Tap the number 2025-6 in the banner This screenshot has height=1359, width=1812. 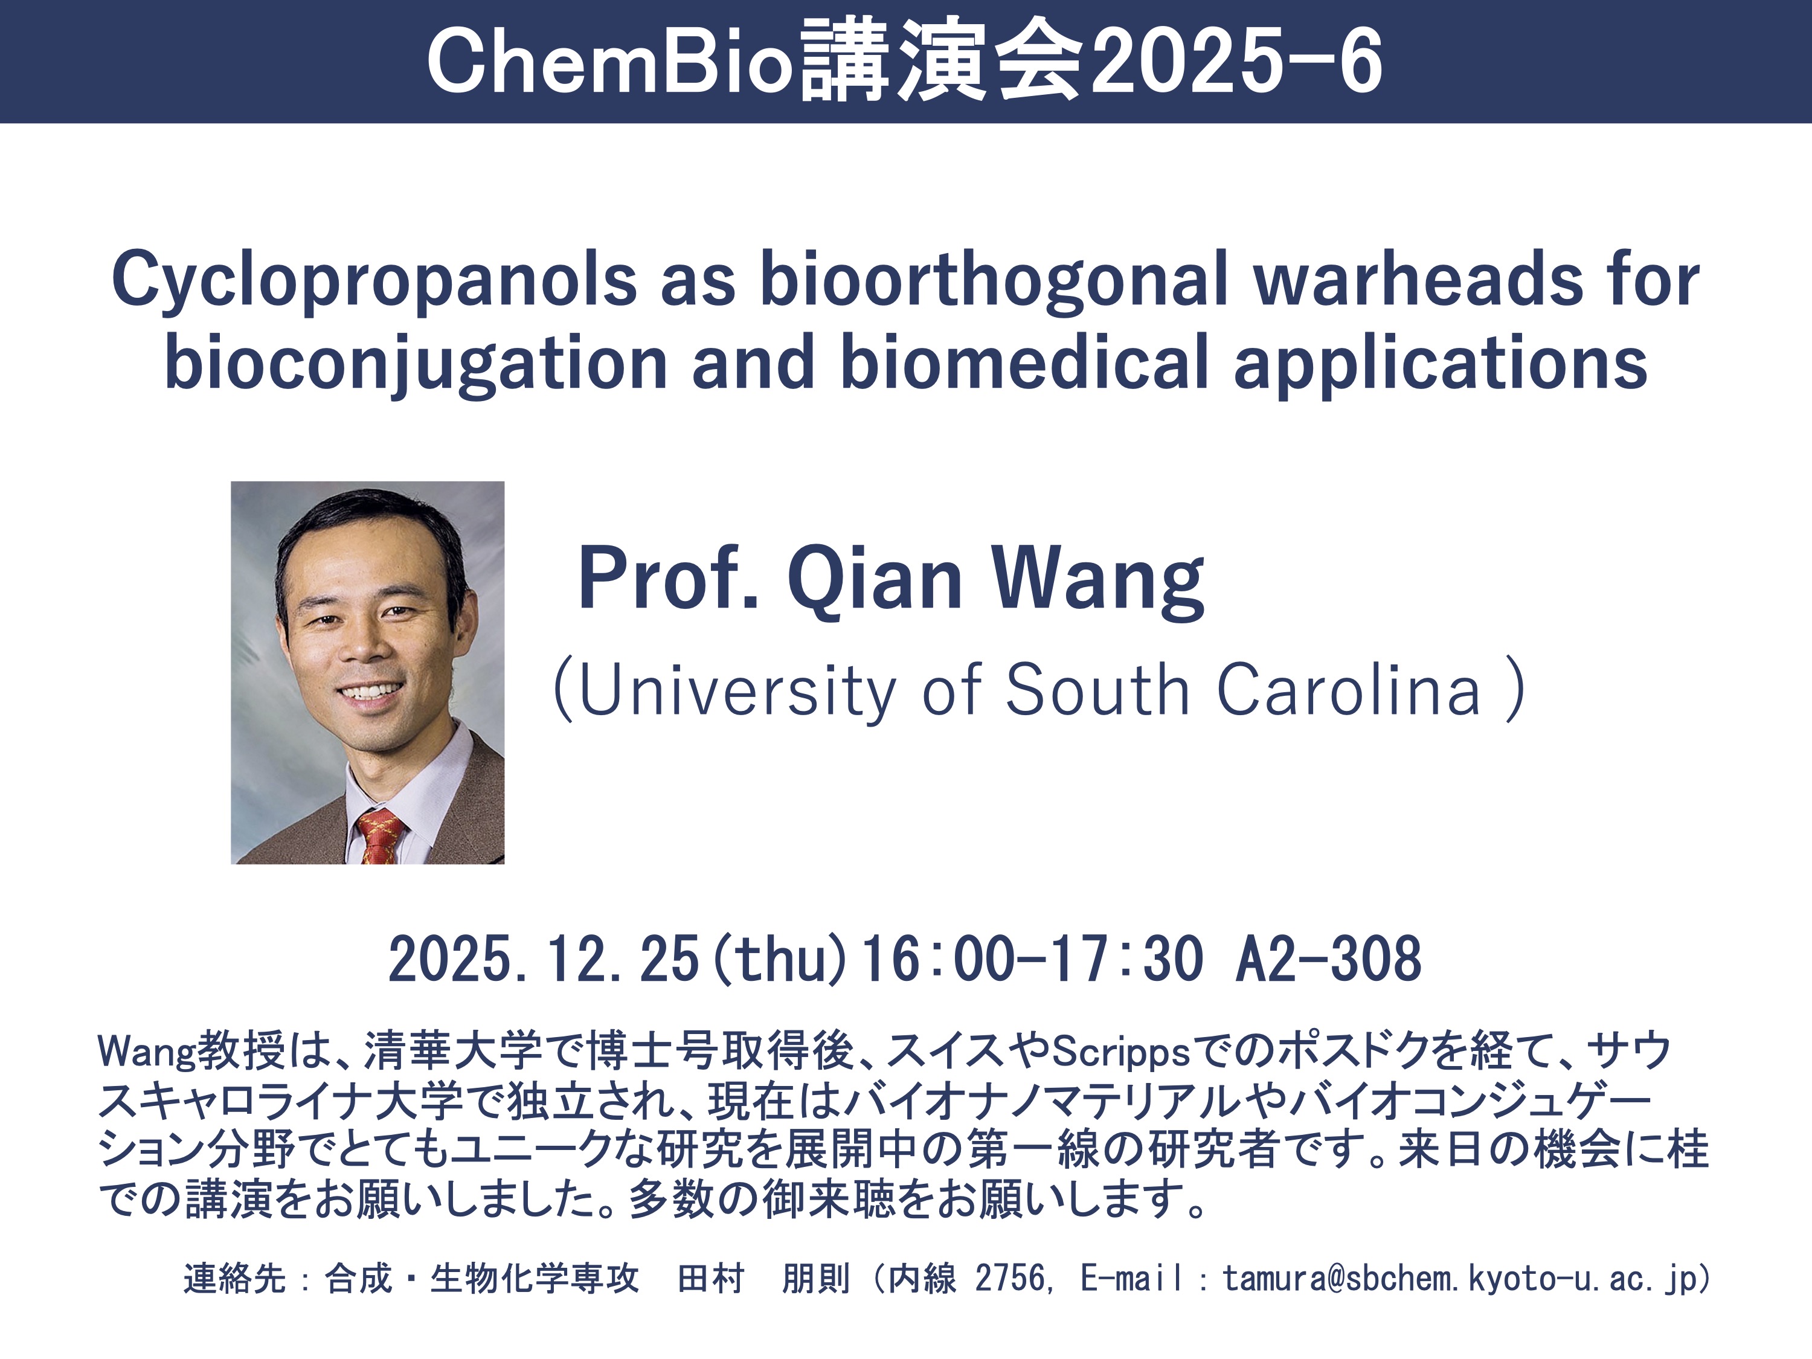pos(1238,62)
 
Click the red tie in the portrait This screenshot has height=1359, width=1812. pos(379,835)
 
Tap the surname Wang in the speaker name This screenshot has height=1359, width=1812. pos(1097,580)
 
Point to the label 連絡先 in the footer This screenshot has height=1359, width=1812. pos(235,1278)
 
